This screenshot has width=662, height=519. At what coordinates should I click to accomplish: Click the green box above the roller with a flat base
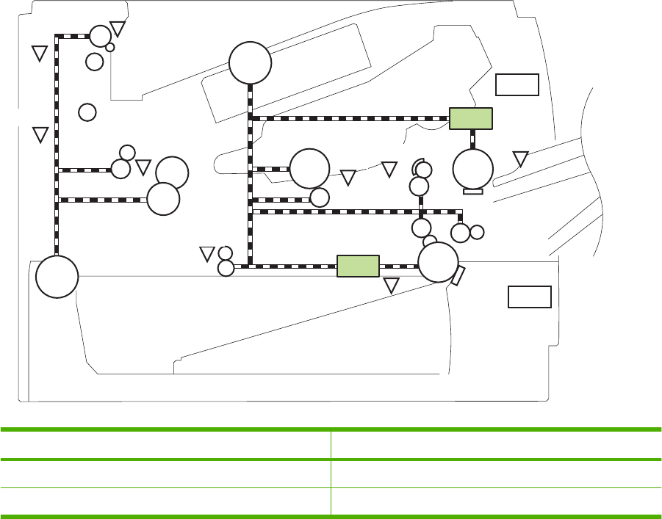click(x=470, y=118)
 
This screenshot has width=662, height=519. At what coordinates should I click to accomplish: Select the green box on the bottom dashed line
click(x=358, y=266)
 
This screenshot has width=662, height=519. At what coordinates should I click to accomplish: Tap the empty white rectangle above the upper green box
click(x=517, y=84)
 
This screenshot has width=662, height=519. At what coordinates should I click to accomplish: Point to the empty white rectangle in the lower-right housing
click(x=530, y=297)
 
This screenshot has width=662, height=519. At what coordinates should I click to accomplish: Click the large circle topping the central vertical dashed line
click(x=250, y=63)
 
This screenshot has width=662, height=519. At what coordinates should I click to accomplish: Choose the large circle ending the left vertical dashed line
click(x=57, y=277)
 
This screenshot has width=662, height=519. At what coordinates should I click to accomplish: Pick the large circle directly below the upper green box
click(x=473, y=169)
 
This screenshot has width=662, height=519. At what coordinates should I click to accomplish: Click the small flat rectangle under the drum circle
click(x=473, y=192)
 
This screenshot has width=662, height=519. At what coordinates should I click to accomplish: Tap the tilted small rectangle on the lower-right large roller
click(x=458, y=276)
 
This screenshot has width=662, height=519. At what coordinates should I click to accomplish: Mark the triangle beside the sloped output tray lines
click(x=520, y=159)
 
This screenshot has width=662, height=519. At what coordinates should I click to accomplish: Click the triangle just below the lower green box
click(x=392, y=286)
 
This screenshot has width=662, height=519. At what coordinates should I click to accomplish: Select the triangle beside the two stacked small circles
click(x=207, y=254)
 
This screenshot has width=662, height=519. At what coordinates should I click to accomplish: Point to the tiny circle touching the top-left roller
click(x=110, y=47)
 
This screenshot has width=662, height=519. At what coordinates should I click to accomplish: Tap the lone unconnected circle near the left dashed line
click(x=87, y=112)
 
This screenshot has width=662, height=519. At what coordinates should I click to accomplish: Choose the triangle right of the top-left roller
click(x=118, y=29)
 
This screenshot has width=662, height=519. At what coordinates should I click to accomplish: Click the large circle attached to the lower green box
click(x=439, y=262)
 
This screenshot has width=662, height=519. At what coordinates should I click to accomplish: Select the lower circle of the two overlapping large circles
click(x=163, y=199)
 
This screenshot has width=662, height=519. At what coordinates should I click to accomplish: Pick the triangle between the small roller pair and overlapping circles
click(x=143, y=167)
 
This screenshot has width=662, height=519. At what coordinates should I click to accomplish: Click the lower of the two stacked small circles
click(x=226, y=269)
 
